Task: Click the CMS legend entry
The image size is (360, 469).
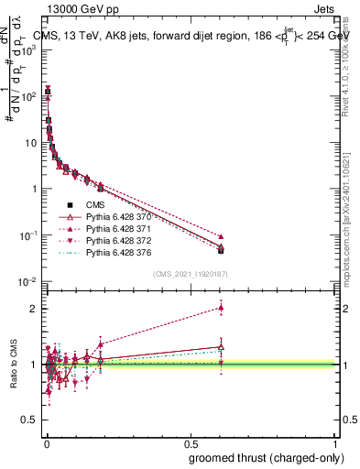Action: point(95,205)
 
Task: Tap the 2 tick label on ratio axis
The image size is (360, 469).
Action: point(31,308)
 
